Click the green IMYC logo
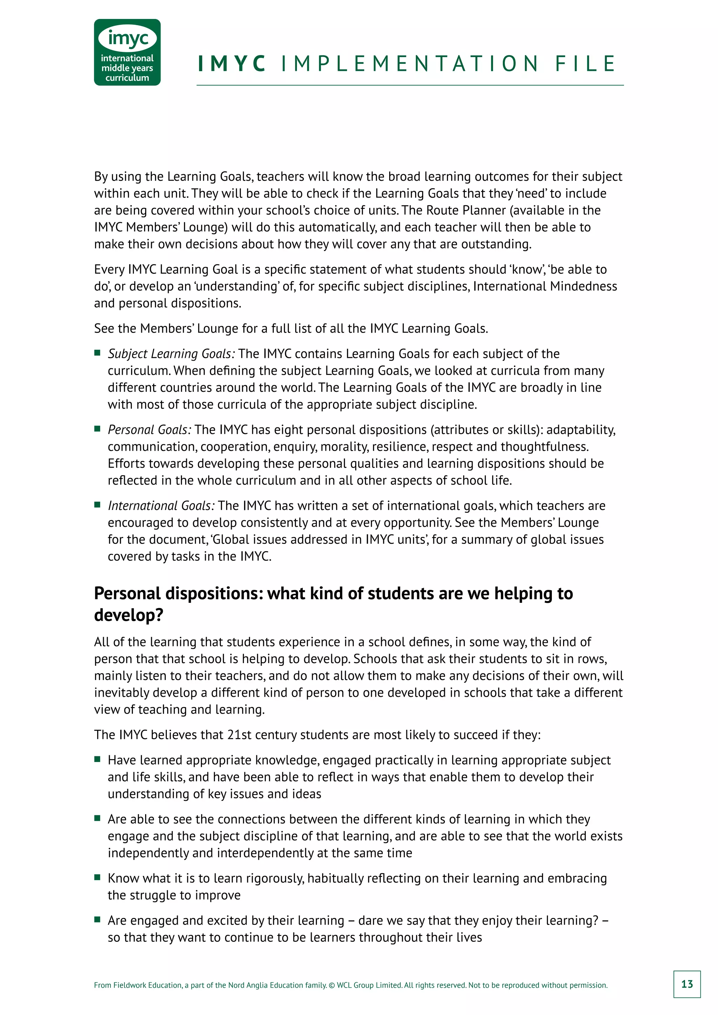127,52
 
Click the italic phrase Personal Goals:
149,430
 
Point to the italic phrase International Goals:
161,506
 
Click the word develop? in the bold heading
129,615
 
